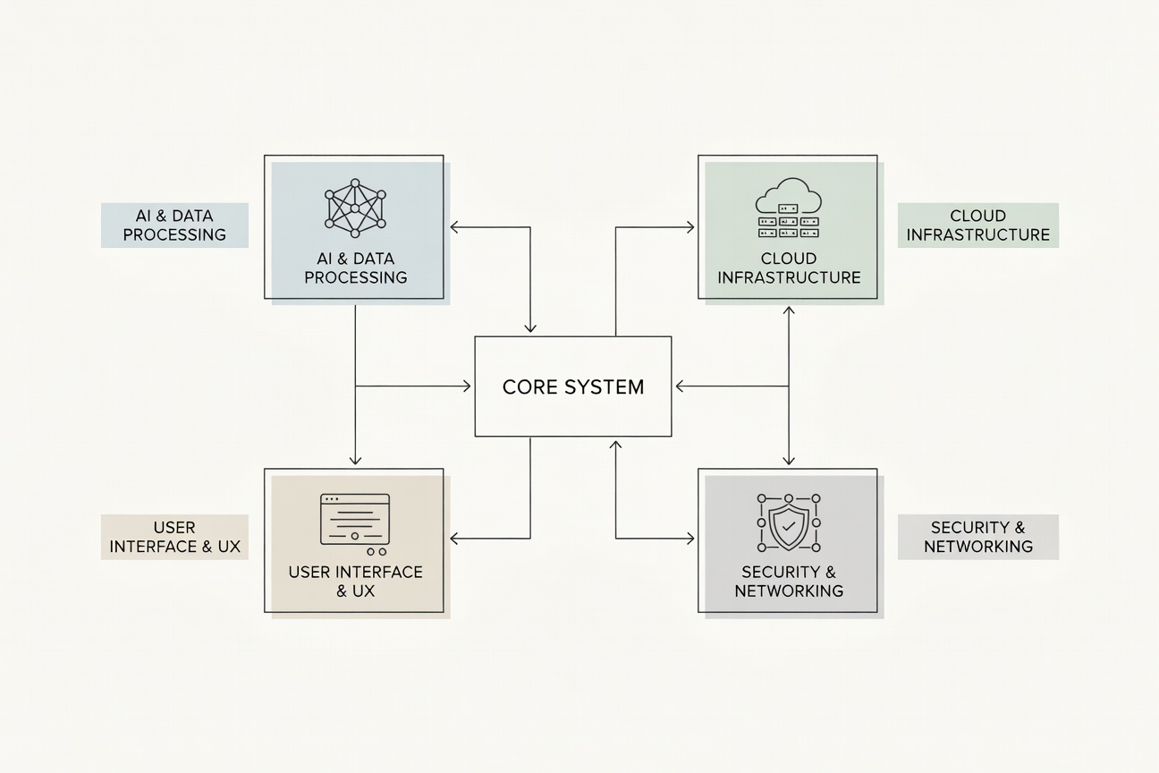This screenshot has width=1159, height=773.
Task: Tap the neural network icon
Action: [355, 208]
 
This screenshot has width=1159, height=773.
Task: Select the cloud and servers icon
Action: [789, 208]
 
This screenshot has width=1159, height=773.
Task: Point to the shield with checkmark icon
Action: [789, 522]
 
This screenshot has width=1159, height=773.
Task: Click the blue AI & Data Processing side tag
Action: [174, 225]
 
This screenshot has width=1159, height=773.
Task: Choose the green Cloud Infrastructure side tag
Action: [978, 225]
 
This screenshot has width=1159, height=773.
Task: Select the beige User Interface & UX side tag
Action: [174, 537]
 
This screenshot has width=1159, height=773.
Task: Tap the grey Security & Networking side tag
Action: [978, 537]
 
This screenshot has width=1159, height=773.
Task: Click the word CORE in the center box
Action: [529, 386]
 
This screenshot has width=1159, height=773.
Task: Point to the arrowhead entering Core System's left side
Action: [467, 386]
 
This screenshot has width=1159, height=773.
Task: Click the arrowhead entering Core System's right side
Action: [681, 386]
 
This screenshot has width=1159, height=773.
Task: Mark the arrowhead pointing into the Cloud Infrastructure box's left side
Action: [690, 226]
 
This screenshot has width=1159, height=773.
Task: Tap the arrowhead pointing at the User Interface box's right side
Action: [454, 539]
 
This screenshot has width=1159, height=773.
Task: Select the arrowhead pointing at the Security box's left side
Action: [690, 539]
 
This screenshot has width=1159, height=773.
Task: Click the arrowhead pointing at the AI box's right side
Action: [454, 226]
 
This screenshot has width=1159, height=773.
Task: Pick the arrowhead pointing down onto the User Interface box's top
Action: [355, 460]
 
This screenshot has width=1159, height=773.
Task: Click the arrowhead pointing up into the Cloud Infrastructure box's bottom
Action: [789, 310]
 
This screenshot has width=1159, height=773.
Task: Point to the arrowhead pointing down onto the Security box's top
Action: [789, 460]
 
